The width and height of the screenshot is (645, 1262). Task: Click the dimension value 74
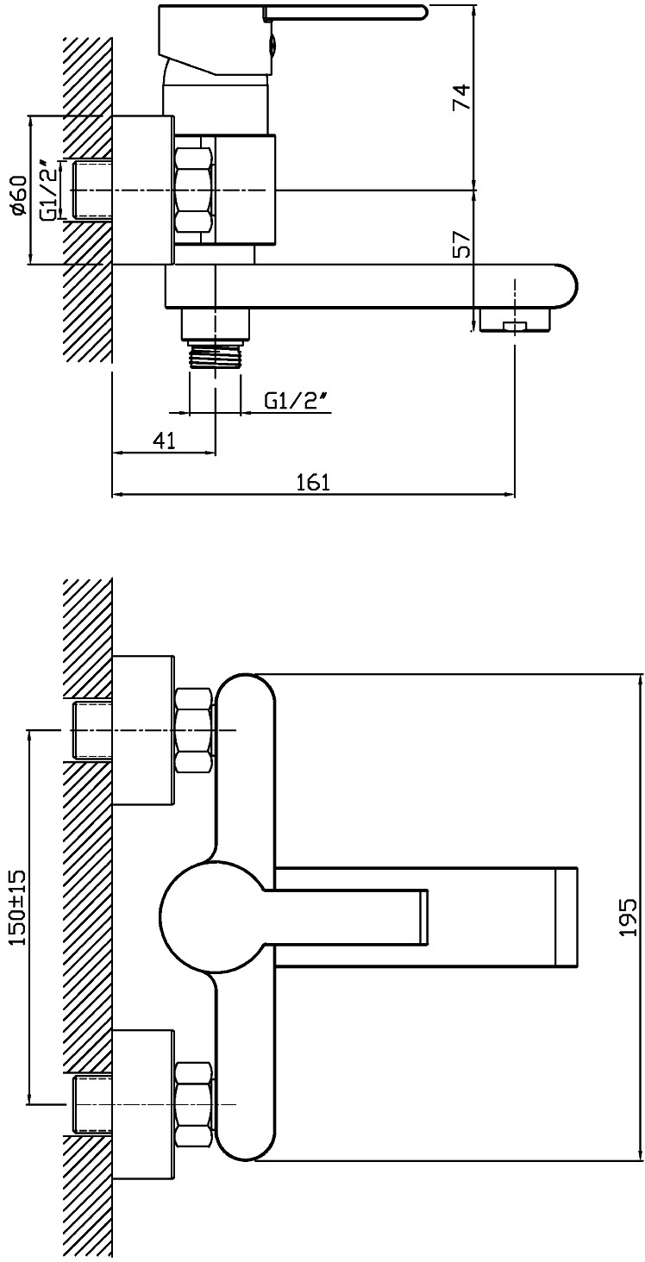point(461,97)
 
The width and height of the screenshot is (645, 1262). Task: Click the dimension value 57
point(461,244)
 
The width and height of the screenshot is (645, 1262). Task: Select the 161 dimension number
point(313,482)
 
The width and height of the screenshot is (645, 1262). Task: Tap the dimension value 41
point(164,440)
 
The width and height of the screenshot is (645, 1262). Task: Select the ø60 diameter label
point(19,194)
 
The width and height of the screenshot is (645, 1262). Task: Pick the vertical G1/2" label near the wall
point(48,190)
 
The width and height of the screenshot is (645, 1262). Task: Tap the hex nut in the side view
point(195,190)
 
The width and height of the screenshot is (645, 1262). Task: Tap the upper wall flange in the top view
point(143,731)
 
